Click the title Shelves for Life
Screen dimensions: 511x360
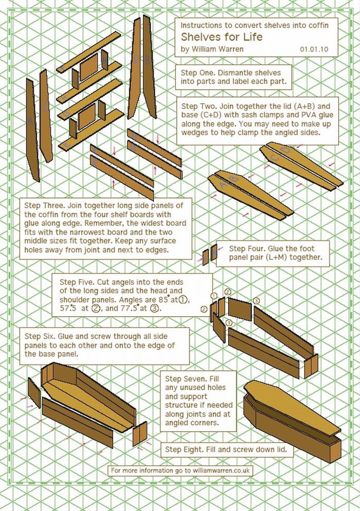click(x=221, y=37)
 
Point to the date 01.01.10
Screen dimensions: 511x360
click(x=313, y=50)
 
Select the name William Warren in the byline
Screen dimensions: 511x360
click(x=212, y=50)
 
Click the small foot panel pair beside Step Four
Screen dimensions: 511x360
click(x=209, y=255)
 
